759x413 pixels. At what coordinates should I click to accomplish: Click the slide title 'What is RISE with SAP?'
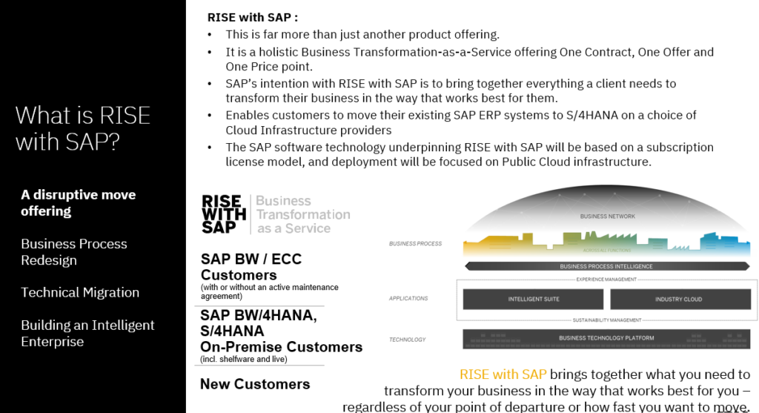[82, 128]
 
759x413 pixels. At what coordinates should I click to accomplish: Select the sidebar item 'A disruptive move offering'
[78, 202]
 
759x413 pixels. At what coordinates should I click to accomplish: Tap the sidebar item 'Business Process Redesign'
[73, 251]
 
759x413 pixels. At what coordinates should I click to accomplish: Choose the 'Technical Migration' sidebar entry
[80, 292]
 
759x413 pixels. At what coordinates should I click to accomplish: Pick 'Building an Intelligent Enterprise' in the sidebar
[87, 333]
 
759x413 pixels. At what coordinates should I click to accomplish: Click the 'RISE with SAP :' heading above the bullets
[253, 17]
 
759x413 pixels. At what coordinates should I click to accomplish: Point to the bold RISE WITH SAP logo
[222, 214]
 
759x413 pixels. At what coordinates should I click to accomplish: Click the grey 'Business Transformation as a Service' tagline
[302, 214]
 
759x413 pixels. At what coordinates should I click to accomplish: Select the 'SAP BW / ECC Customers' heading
[251, 267]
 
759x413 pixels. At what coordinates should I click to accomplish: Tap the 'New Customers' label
[255, 384]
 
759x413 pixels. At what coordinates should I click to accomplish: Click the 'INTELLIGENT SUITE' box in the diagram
[533, 300]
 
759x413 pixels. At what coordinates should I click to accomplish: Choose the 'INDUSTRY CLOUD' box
[678, 300]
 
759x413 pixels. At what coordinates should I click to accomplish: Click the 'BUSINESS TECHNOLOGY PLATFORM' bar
[606, 338]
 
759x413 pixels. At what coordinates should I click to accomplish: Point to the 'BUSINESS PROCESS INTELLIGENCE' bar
[606, 266]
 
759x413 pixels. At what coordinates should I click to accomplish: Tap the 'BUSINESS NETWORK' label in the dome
[608, 217]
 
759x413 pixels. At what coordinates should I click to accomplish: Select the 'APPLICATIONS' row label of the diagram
[408, 299]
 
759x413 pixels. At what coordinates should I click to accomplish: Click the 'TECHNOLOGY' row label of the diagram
[407, 340]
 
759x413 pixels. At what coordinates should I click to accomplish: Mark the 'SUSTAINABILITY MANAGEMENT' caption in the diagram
[606, 320]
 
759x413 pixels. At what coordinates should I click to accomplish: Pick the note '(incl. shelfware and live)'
[243, 360]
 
